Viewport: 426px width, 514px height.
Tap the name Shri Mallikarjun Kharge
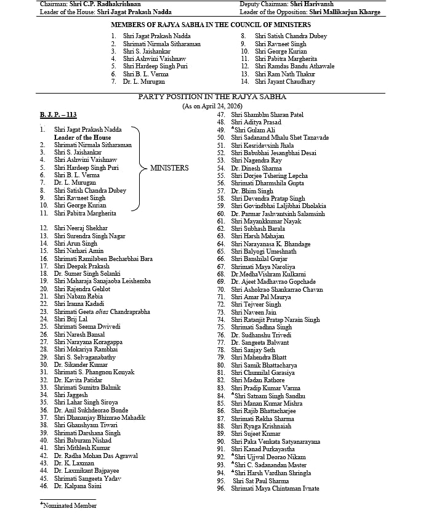[345, 12]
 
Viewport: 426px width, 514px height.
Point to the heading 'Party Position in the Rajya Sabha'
[213, 97]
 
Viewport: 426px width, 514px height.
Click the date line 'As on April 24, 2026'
[213, 106]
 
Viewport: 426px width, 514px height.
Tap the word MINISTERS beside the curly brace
[169, 167]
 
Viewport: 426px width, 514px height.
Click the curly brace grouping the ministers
[140, 167]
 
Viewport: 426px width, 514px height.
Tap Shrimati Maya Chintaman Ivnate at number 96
[275, 489]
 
